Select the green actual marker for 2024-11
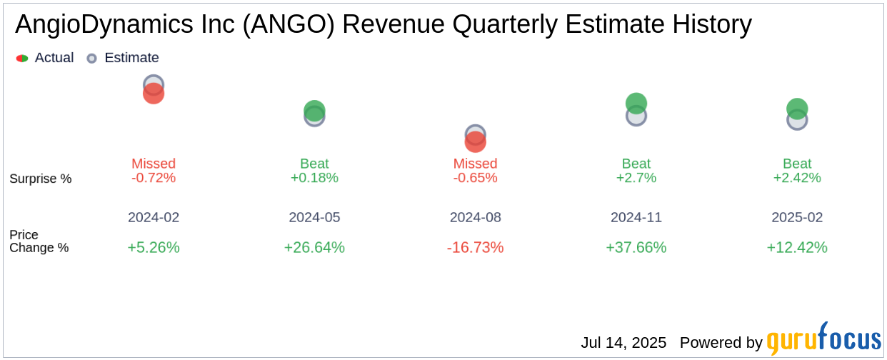[636, 102]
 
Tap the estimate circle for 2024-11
[636, 116]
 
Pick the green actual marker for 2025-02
[797, 108]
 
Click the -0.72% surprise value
[154, 178]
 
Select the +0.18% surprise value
[314, 178]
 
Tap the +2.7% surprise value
[636, 178]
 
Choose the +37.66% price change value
[636, 247]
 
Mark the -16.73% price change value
[476, 247]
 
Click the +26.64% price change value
[314, 247]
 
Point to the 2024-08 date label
[476, 217]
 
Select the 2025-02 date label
[797, 217]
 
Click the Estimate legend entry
[123, 58]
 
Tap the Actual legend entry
[45, 58]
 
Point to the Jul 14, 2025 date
[623, 343]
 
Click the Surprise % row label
[41, 179]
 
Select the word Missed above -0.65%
[476, 164]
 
